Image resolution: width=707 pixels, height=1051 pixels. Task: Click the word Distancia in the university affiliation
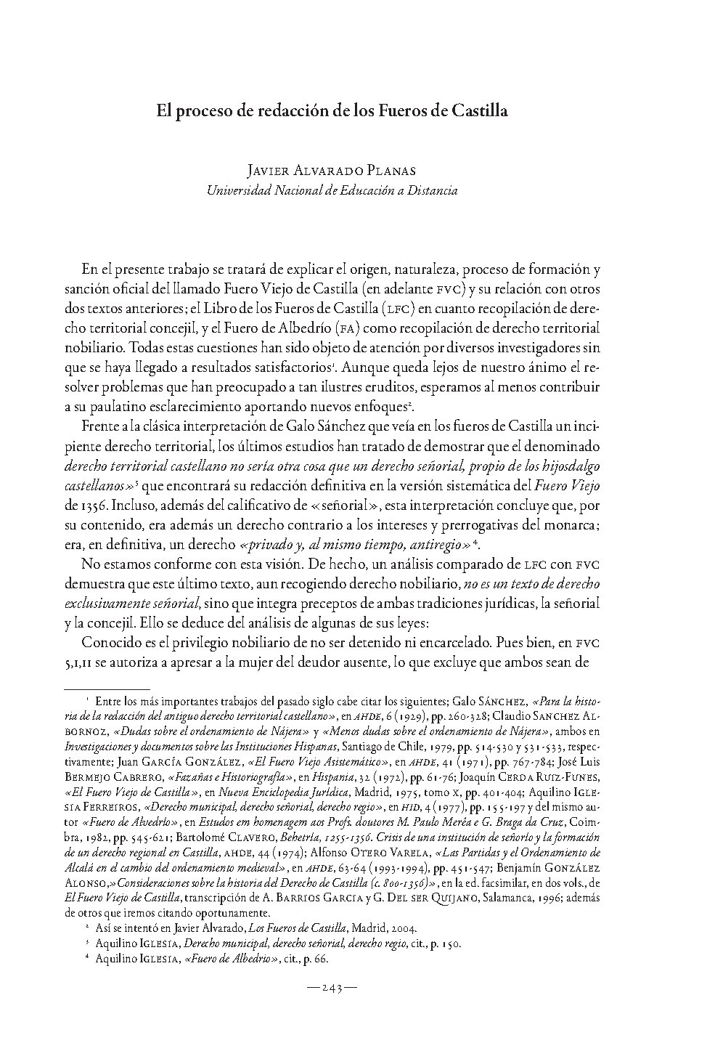click(x=431, y=190)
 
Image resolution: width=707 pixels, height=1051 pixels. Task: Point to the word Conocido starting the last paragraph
click(x=108, y=642)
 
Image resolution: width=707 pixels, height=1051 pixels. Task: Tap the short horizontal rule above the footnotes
click(x=107, y=687)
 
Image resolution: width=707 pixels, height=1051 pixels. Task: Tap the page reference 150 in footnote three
click(x=451, y=944)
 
